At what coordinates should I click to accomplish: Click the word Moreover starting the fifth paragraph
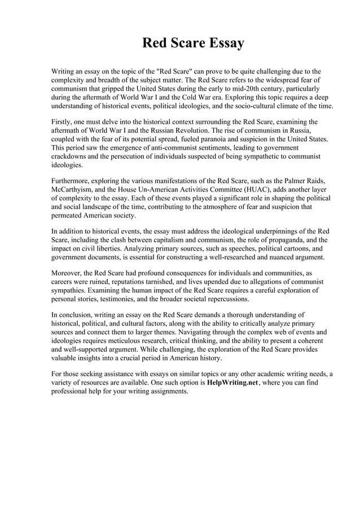(68, 273)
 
